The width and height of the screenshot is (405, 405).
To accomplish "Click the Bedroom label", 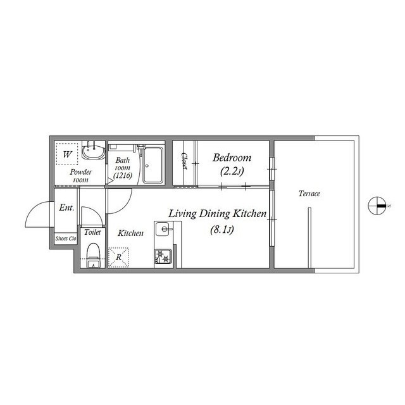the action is click(232, 158).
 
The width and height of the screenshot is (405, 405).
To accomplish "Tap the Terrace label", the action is click(309, 194).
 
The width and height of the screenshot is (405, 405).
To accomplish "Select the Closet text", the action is click(184, 161).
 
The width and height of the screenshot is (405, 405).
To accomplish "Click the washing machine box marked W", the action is click(67, 154).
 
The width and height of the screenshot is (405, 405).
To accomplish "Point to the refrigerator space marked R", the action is click(118, 258).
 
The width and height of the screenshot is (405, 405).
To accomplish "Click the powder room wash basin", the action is click(93, 150).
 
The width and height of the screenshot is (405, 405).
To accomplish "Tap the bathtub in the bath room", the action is click(153, 165).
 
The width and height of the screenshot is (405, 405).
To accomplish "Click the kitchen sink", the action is click(163, 229).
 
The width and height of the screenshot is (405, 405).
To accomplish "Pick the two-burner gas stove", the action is click(163, 256).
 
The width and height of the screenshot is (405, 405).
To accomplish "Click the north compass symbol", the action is click(377, 206).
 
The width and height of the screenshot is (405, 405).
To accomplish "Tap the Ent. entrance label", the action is click(66, 208).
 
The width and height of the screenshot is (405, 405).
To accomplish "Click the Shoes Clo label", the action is click(66, 239).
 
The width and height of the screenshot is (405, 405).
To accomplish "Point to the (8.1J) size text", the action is click(222, 229).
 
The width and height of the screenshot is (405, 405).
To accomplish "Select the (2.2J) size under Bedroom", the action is click(232, 171).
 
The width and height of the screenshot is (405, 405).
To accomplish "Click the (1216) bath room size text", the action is click(123, 176).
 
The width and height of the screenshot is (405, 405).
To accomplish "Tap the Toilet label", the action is click(92, 232).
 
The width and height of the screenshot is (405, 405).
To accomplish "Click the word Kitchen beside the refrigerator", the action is click(130, 234).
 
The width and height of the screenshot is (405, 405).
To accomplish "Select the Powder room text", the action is click(80, 176).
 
